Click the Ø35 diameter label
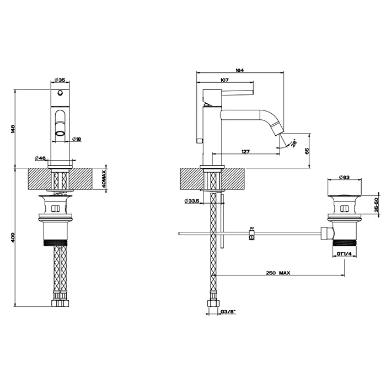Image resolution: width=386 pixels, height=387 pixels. (x=61, y=81)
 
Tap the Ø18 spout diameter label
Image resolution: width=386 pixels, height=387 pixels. (x=77, y=139)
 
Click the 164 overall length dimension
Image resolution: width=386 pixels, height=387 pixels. (x=240, y=70)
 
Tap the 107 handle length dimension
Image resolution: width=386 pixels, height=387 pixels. (x=224, y=81)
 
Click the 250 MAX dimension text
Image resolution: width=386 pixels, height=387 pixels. (x=277, y=273)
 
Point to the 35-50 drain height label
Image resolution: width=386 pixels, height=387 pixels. (x=376, y=205)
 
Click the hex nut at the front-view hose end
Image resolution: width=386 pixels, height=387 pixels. (x=60, y=303)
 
